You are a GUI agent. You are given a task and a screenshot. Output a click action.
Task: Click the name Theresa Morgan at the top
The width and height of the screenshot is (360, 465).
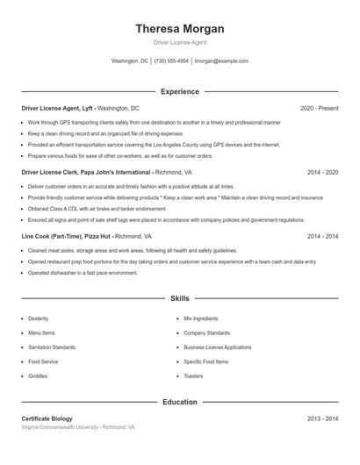(179, 28)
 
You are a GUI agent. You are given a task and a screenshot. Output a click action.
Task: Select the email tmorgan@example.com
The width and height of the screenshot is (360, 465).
(221, 61)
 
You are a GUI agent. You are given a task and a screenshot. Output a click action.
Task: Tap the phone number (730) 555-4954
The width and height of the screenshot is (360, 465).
(171, 61)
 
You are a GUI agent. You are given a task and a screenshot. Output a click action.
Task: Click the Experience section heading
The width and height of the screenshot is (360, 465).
(179, 91)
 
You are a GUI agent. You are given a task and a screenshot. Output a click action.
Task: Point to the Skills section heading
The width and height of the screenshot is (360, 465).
(179, 298)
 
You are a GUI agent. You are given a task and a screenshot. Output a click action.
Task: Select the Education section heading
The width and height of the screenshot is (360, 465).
(179, 402)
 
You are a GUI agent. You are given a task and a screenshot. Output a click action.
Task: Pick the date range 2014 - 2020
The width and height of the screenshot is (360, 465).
(322, 173)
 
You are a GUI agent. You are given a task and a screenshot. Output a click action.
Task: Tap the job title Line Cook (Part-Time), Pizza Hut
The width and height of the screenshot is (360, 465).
(66, 237)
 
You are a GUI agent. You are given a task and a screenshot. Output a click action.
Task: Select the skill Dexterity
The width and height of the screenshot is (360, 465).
(39, 318)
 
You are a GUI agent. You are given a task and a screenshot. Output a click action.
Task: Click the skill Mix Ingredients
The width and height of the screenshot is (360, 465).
(200, 318)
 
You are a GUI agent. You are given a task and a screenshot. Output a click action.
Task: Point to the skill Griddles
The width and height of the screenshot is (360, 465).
(38, 376)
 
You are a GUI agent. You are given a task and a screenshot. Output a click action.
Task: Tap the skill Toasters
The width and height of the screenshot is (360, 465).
(193, 376)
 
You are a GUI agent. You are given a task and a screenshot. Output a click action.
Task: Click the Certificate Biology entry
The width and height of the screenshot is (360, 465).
(47, 418)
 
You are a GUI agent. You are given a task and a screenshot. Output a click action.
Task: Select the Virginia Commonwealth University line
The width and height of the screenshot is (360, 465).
(78, 427)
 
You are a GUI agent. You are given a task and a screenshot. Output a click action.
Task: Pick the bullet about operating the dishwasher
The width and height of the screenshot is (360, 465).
(83, 273)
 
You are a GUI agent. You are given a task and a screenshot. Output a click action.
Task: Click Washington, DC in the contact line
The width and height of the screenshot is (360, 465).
(130, 61)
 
